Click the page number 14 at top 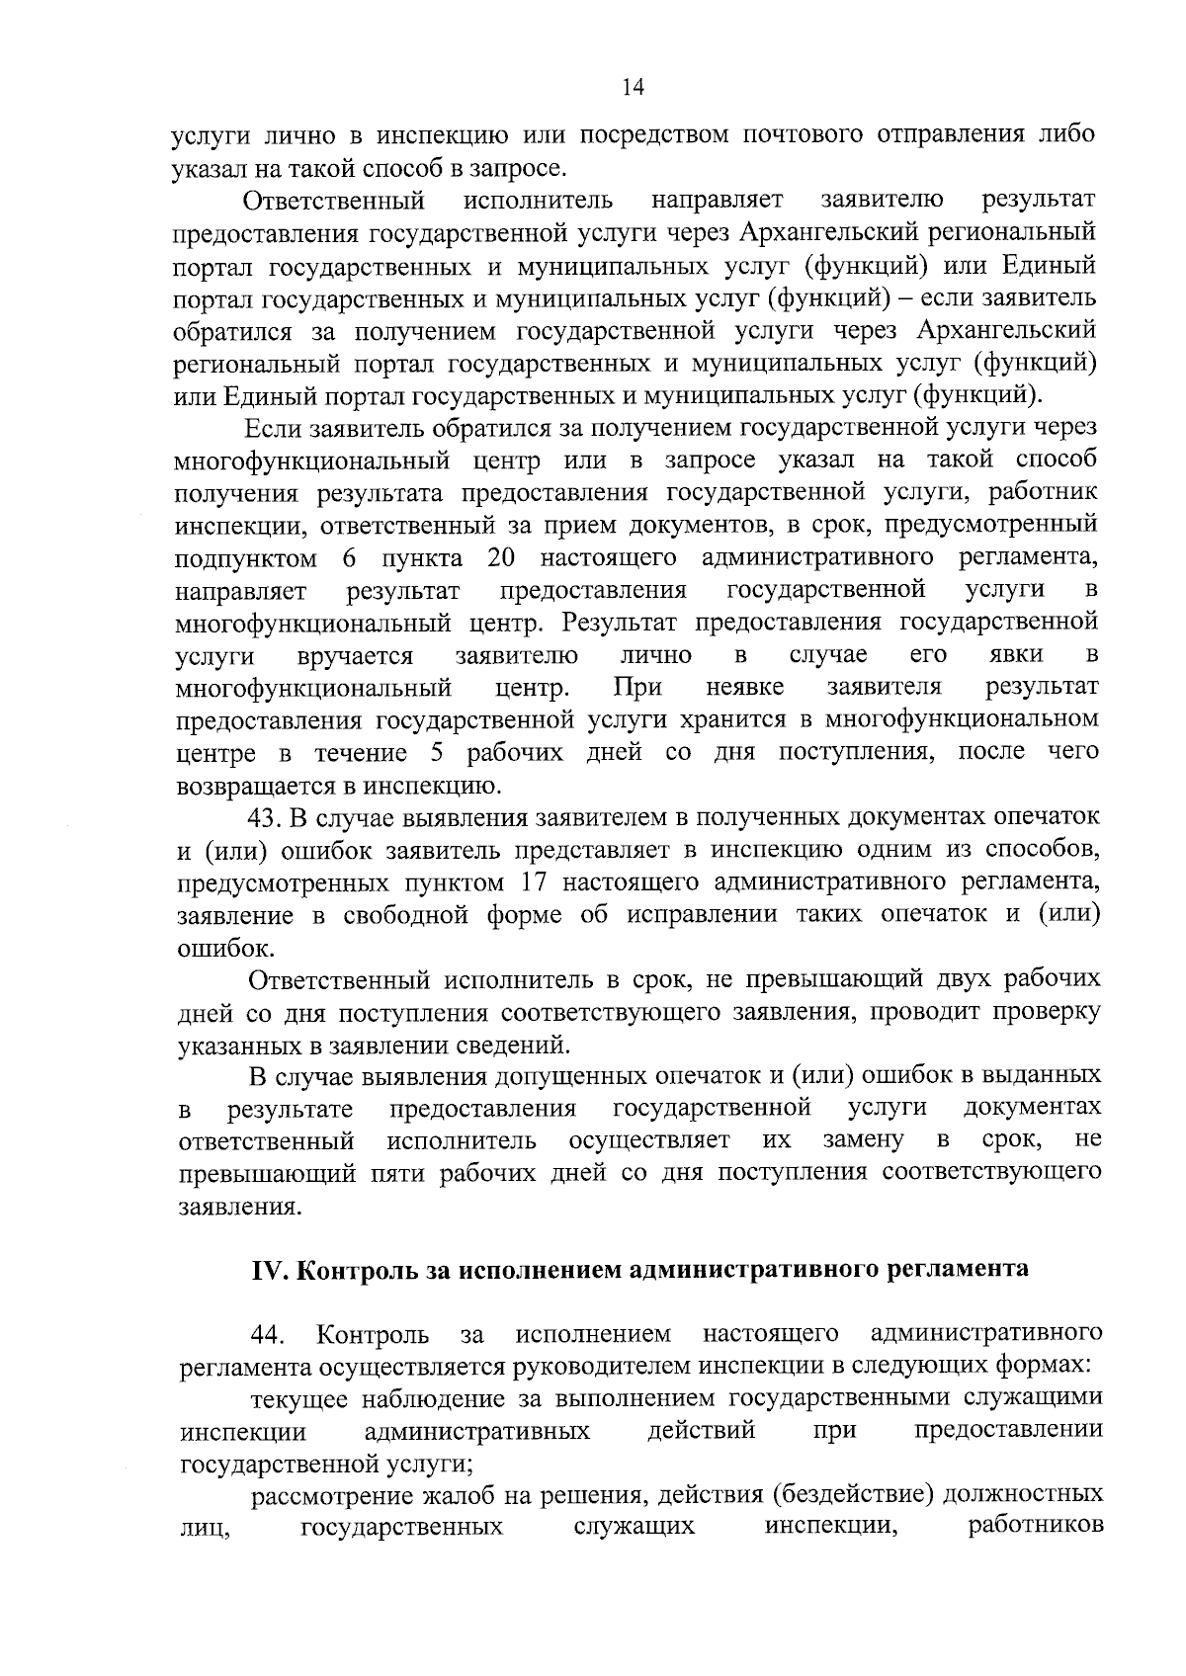click(x=634, y=88)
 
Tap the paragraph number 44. click(x=268, y=1336)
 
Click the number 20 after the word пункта click(x=503, y=558)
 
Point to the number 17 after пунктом click(x=527, y=881)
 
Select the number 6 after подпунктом click(x=349, y=558)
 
